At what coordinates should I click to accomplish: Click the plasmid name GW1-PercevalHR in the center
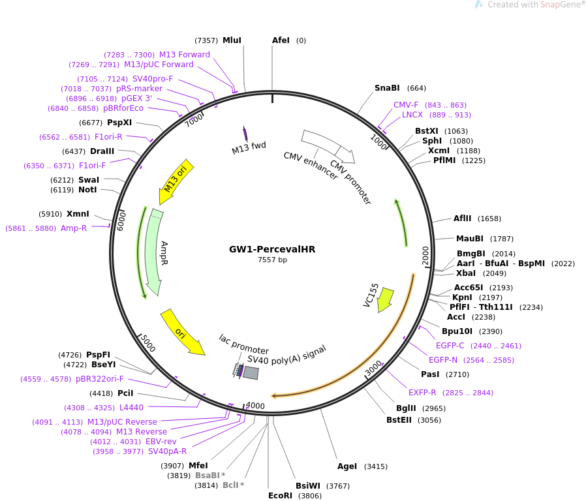(272, 249)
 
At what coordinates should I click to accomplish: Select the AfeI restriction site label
(281, 40)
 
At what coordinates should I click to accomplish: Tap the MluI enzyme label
(232, 40)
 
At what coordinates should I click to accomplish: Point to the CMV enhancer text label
(311, 166)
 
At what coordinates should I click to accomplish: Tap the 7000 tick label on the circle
(194, 120)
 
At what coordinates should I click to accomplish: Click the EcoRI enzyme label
(280, 496)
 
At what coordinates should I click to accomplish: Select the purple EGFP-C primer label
(450, 346)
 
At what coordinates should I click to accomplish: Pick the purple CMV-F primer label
(406, 105)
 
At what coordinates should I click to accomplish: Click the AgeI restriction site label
(347, 466)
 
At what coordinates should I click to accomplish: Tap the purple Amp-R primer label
(74, 228)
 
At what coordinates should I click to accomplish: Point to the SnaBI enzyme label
(387, 88)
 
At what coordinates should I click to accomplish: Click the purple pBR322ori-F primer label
(99, 379)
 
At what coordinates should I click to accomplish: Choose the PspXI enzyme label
(119, 123)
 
